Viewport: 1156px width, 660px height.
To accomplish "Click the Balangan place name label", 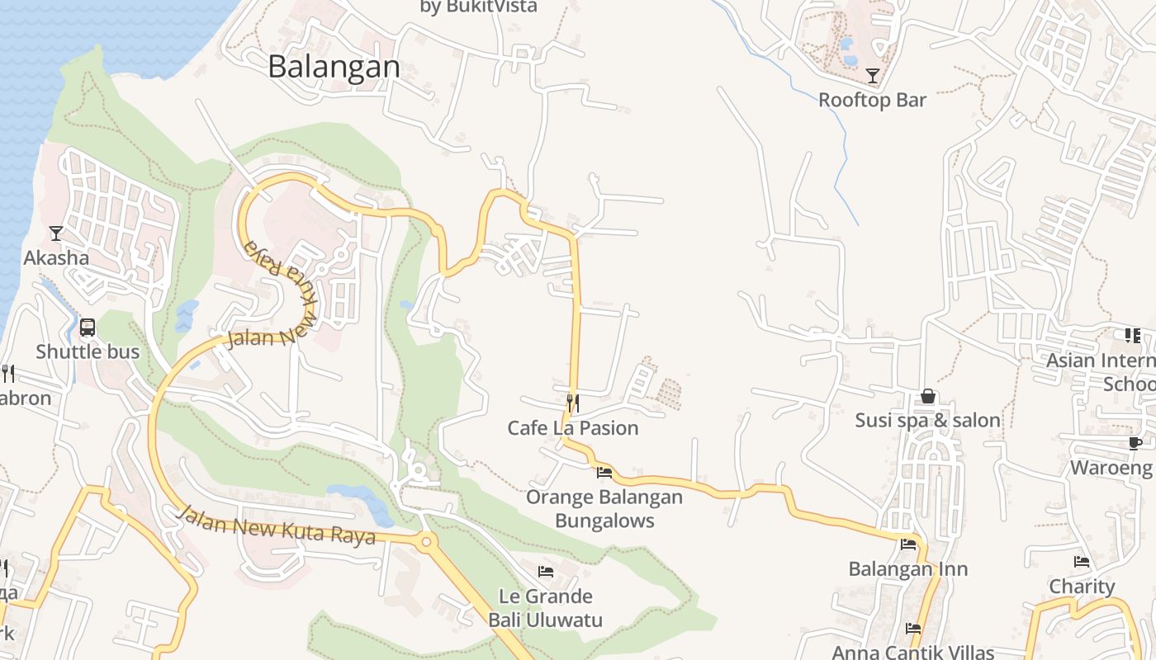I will [x=334, y=66].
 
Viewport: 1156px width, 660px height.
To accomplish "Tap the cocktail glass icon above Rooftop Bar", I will [x=873, y=77].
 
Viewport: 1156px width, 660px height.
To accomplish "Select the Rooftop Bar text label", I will [x=872, y=100].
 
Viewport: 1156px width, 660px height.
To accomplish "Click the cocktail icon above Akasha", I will [x=55, y=233].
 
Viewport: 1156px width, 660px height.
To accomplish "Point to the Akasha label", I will [x=56, y=257].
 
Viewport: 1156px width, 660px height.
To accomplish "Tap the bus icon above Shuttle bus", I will [x=88, y=328].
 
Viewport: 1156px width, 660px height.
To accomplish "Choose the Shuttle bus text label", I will [x=88, y=351].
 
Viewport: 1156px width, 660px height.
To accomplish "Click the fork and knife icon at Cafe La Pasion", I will [x=572, y=403].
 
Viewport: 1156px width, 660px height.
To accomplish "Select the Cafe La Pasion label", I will [x=573, y=427].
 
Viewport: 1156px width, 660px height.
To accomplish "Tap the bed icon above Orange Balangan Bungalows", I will [x=604, y=473].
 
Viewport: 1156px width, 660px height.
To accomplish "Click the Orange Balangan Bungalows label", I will [x=604, y=508].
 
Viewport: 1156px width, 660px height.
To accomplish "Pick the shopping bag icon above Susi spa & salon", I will [x=928, y=396].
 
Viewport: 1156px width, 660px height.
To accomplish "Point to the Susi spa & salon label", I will [x=928, y=420].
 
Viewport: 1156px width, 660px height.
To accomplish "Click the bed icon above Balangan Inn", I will [x=908, y=544].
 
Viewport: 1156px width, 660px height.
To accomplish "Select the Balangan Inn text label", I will [x=908, y=568].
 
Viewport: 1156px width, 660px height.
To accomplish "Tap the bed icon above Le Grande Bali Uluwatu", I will [x=546, y=571].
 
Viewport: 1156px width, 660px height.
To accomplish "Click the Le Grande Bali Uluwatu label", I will [x=546, y=607].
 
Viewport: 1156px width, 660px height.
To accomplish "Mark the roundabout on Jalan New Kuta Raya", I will [x=427, y=542].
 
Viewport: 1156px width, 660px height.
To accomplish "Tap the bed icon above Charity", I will [x=1082, y=563].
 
